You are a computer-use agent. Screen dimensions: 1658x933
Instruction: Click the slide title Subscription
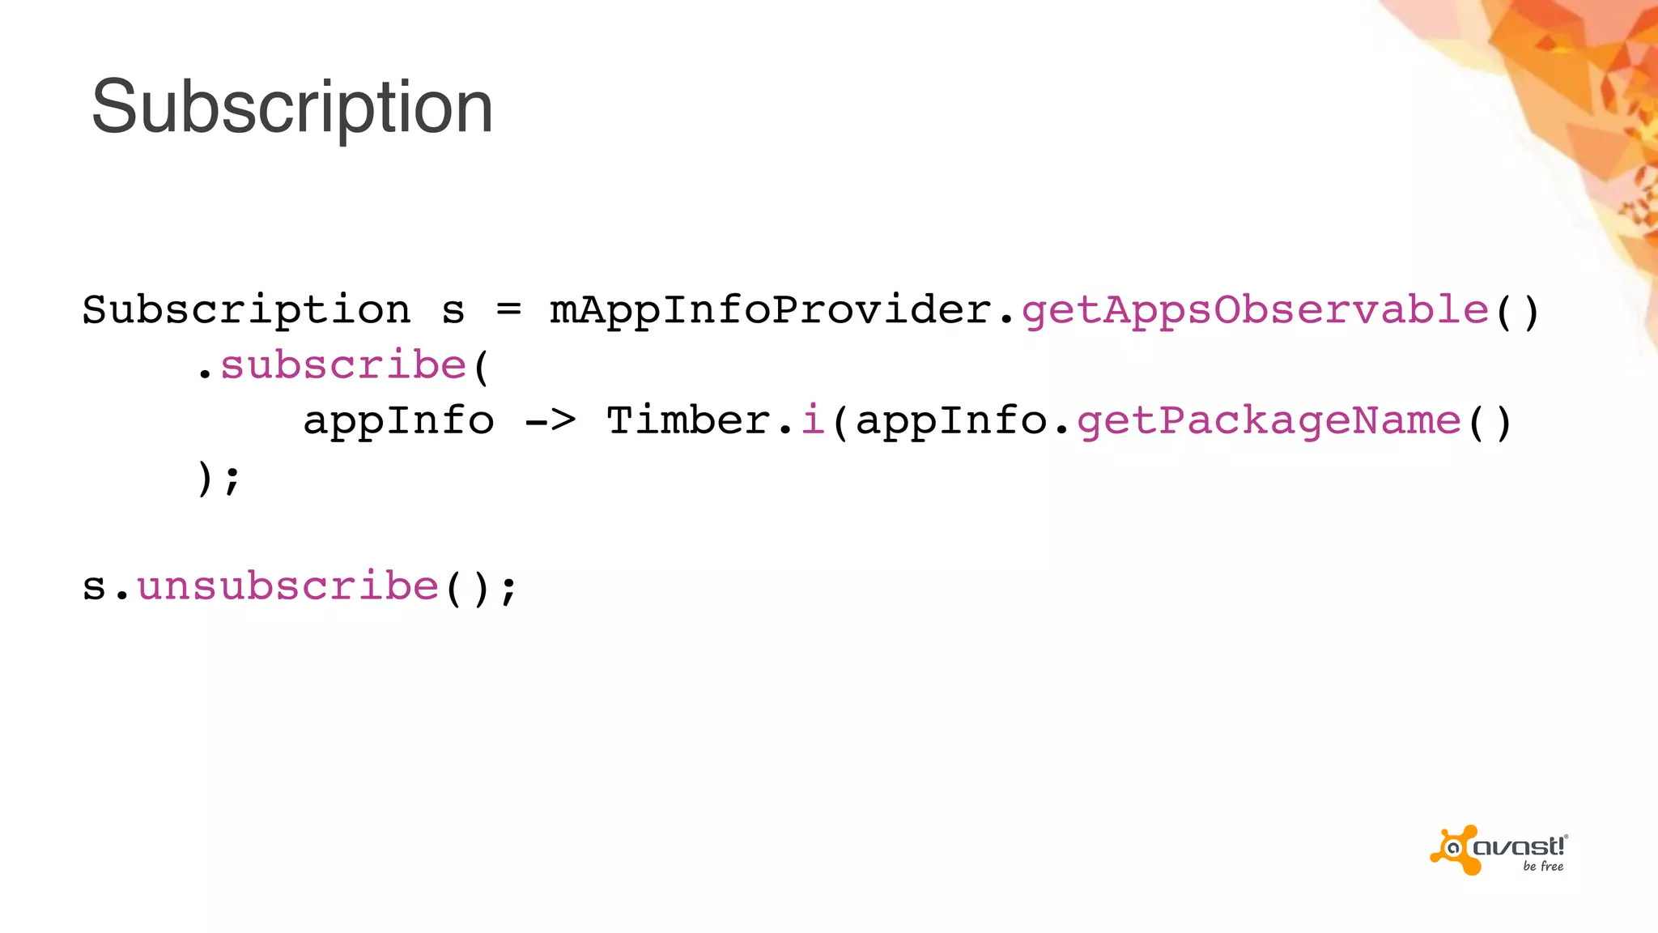[x=292, y=107]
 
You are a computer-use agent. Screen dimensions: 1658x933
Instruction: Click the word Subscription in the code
[x=246, y=310]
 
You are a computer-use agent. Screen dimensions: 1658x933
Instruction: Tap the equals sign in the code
[x=508, y=309]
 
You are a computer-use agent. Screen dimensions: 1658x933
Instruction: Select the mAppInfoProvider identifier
[x=770, y=310]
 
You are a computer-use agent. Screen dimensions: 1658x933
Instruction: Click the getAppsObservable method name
[x=1255, y=310]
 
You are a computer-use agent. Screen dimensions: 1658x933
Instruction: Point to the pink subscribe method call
[x=343, y=365]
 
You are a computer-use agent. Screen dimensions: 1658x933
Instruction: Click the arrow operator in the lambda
[x=550, y=420]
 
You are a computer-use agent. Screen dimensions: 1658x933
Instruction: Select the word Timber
[x=688, y=420]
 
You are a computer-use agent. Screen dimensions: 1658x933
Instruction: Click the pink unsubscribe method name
[x=287, y=586]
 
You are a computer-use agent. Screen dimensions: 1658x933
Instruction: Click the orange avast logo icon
[x=1455, y=850]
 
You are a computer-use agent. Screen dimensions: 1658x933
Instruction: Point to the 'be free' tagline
[x=1543, y=867]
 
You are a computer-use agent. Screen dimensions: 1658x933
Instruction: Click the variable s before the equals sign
[x=453, y=311]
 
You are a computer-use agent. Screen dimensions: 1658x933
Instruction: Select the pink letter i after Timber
[x=813, y=420]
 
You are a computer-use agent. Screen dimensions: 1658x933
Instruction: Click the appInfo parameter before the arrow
[x=398, y=421]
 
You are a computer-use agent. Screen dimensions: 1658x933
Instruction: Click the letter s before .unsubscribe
[x=95, y=586]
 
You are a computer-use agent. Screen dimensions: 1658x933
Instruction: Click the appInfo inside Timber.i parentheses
[x=951, y=421]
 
